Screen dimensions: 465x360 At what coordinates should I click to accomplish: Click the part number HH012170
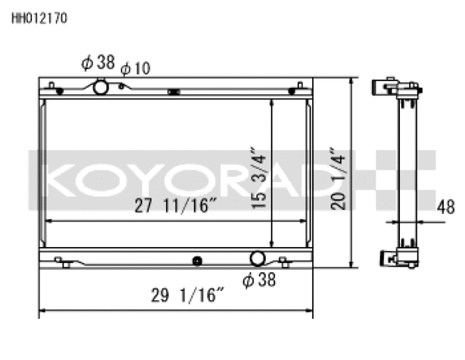click(39, 18)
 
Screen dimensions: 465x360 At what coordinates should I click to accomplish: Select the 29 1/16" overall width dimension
click(187, 295)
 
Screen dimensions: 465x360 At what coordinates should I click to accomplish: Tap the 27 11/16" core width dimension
click(176, 205)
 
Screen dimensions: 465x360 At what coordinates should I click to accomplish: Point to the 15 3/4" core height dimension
click(258, 178)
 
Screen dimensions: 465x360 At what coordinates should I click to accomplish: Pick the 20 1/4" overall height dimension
click(338, 178)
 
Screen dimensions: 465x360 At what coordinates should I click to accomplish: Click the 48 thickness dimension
click(446, 207)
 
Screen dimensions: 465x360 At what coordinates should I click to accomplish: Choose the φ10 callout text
click(136, 68)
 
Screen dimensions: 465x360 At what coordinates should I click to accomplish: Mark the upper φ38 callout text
click(98, 63)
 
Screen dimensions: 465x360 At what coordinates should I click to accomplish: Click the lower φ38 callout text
click(259, 280)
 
